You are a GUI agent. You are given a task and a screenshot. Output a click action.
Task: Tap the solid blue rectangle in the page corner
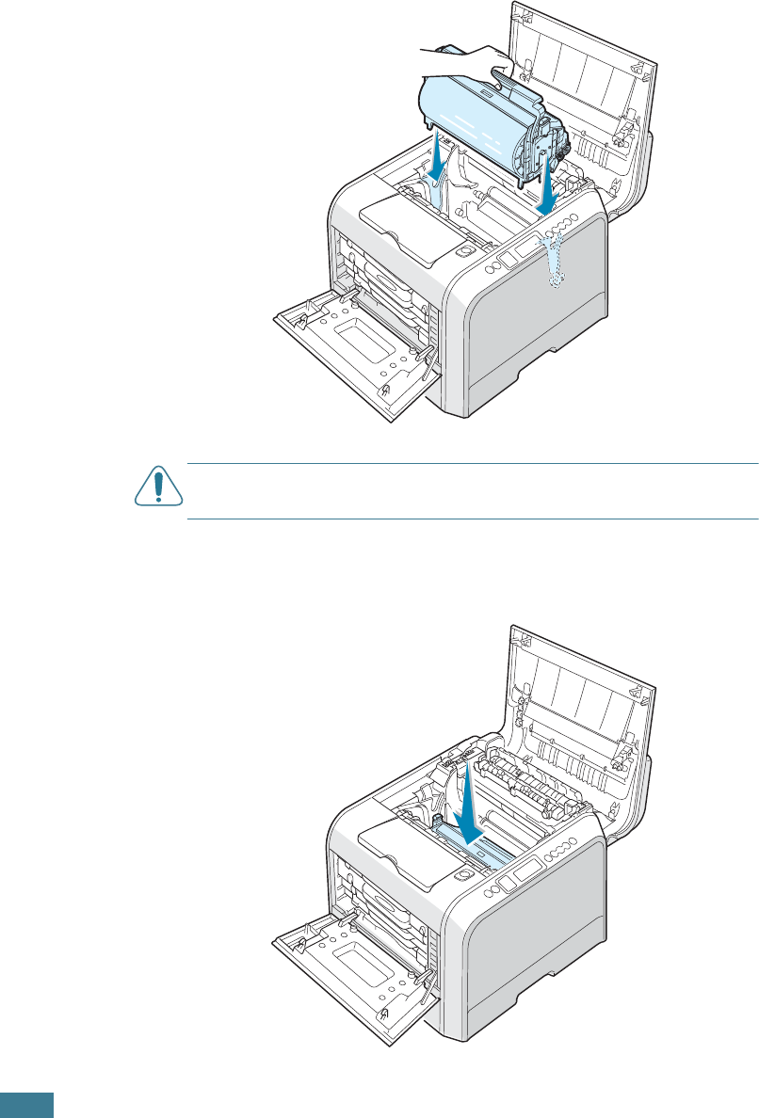click(27, 1105)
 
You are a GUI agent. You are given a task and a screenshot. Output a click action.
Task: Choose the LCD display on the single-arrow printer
click(519, 871)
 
